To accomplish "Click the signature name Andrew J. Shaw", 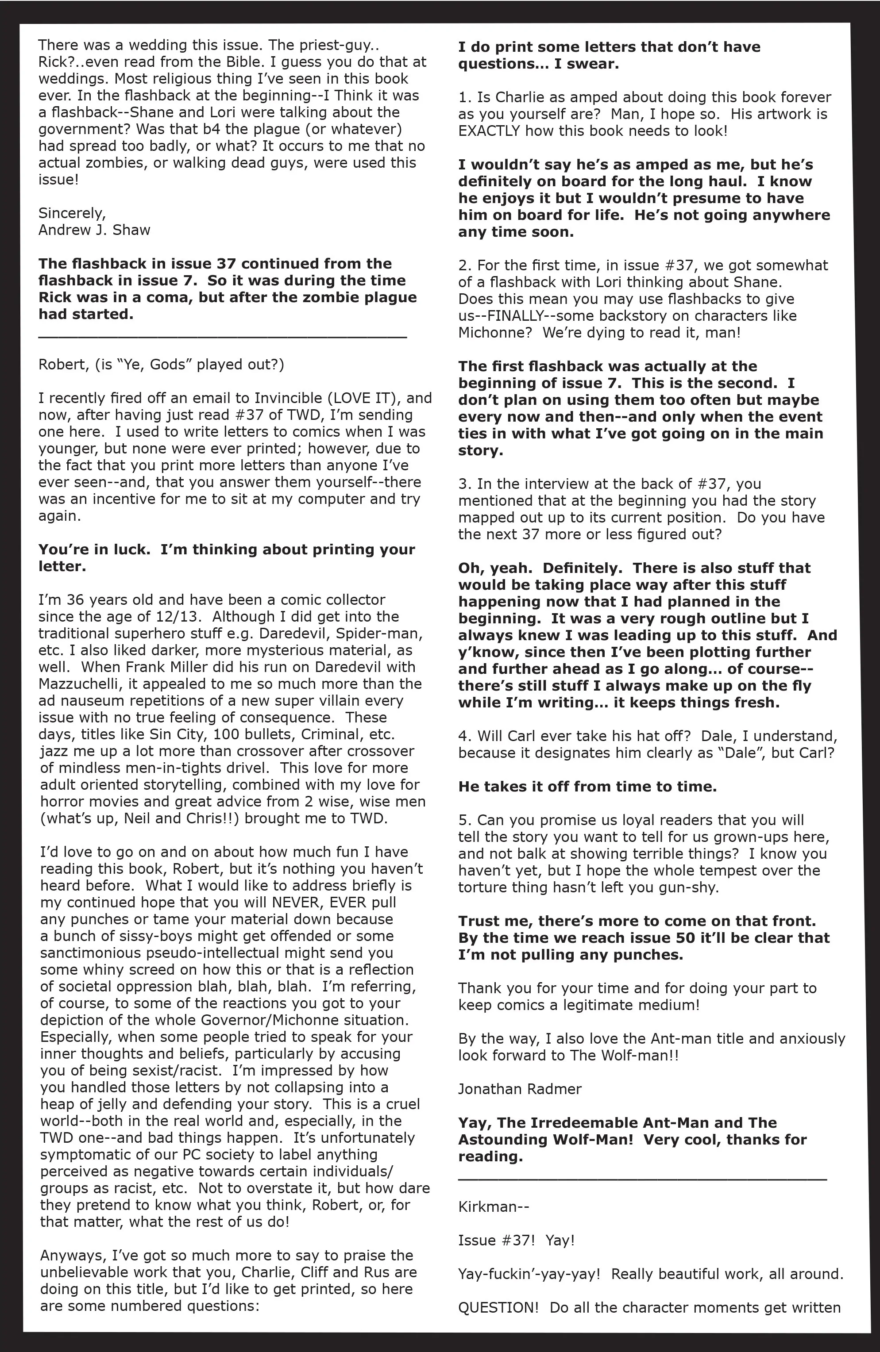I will point(94,230).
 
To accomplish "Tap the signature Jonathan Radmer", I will point(520,1089).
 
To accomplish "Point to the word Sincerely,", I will point(72,213).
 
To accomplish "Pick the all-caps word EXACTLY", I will point(489,131).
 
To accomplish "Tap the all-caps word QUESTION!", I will point(498,1307).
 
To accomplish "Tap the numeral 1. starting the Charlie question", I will point(464,97).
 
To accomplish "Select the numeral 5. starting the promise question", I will point(464,820).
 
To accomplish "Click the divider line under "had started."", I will point(223,338).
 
